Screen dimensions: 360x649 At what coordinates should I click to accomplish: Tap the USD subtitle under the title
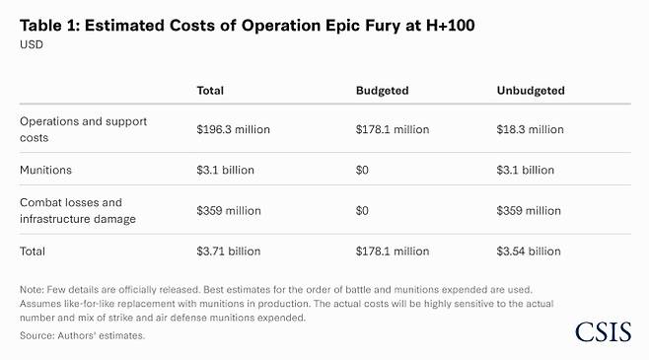coord(33,45)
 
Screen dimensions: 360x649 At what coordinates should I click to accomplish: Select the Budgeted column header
coord(382,91)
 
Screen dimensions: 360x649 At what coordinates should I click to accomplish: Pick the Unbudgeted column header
coord(531,91)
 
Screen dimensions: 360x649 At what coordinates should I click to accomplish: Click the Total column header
coord(210,91)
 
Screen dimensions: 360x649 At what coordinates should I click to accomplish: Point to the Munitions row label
coord(45,170)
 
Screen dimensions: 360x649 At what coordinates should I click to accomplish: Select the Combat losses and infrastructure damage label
coord(78,210)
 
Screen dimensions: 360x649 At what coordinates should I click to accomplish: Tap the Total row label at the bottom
coord(34,252)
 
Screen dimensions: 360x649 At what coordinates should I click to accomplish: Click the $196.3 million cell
coord(234,129)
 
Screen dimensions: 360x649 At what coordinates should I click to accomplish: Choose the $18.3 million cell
coord(531,129)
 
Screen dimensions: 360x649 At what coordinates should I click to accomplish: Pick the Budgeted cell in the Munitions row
coord(363,170)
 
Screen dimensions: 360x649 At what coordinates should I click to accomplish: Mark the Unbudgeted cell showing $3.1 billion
coord(526,170)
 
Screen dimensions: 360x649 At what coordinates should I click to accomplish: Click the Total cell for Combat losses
coord(229,210)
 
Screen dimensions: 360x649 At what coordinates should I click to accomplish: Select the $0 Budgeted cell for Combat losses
coord(363,210)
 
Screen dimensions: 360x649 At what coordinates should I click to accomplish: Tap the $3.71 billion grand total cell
coord(228,252)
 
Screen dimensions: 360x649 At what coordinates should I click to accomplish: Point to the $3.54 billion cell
coord(528,252)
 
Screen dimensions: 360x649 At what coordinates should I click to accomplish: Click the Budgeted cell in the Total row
coord(393,252)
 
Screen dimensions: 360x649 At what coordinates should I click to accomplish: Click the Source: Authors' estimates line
coord(82,336)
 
